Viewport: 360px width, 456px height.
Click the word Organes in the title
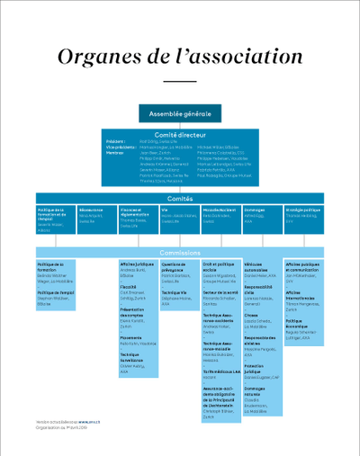pos(98,57)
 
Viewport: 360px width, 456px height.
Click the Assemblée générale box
pos(180,114)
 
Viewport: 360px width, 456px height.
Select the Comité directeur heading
pos(180,133)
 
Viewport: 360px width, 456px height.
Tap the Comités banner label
pos(180,198)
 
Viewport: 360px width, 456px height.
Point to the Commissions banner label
pos(180,253)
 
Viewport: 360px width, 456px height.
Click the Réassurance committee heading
pos(91,210)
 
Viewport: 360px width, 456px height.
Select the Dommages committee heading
pos(255,210)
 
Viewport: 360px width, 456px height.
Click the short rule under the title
pos(180,82)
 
